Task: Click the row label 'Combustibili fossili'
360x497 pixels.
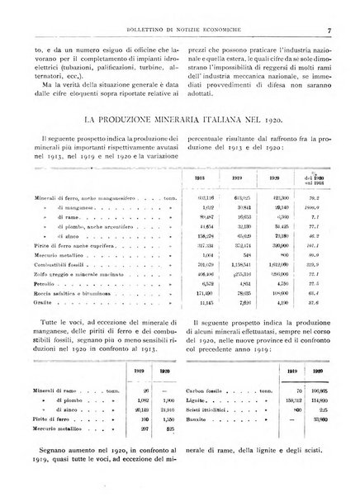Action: (x=59, y=263)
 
